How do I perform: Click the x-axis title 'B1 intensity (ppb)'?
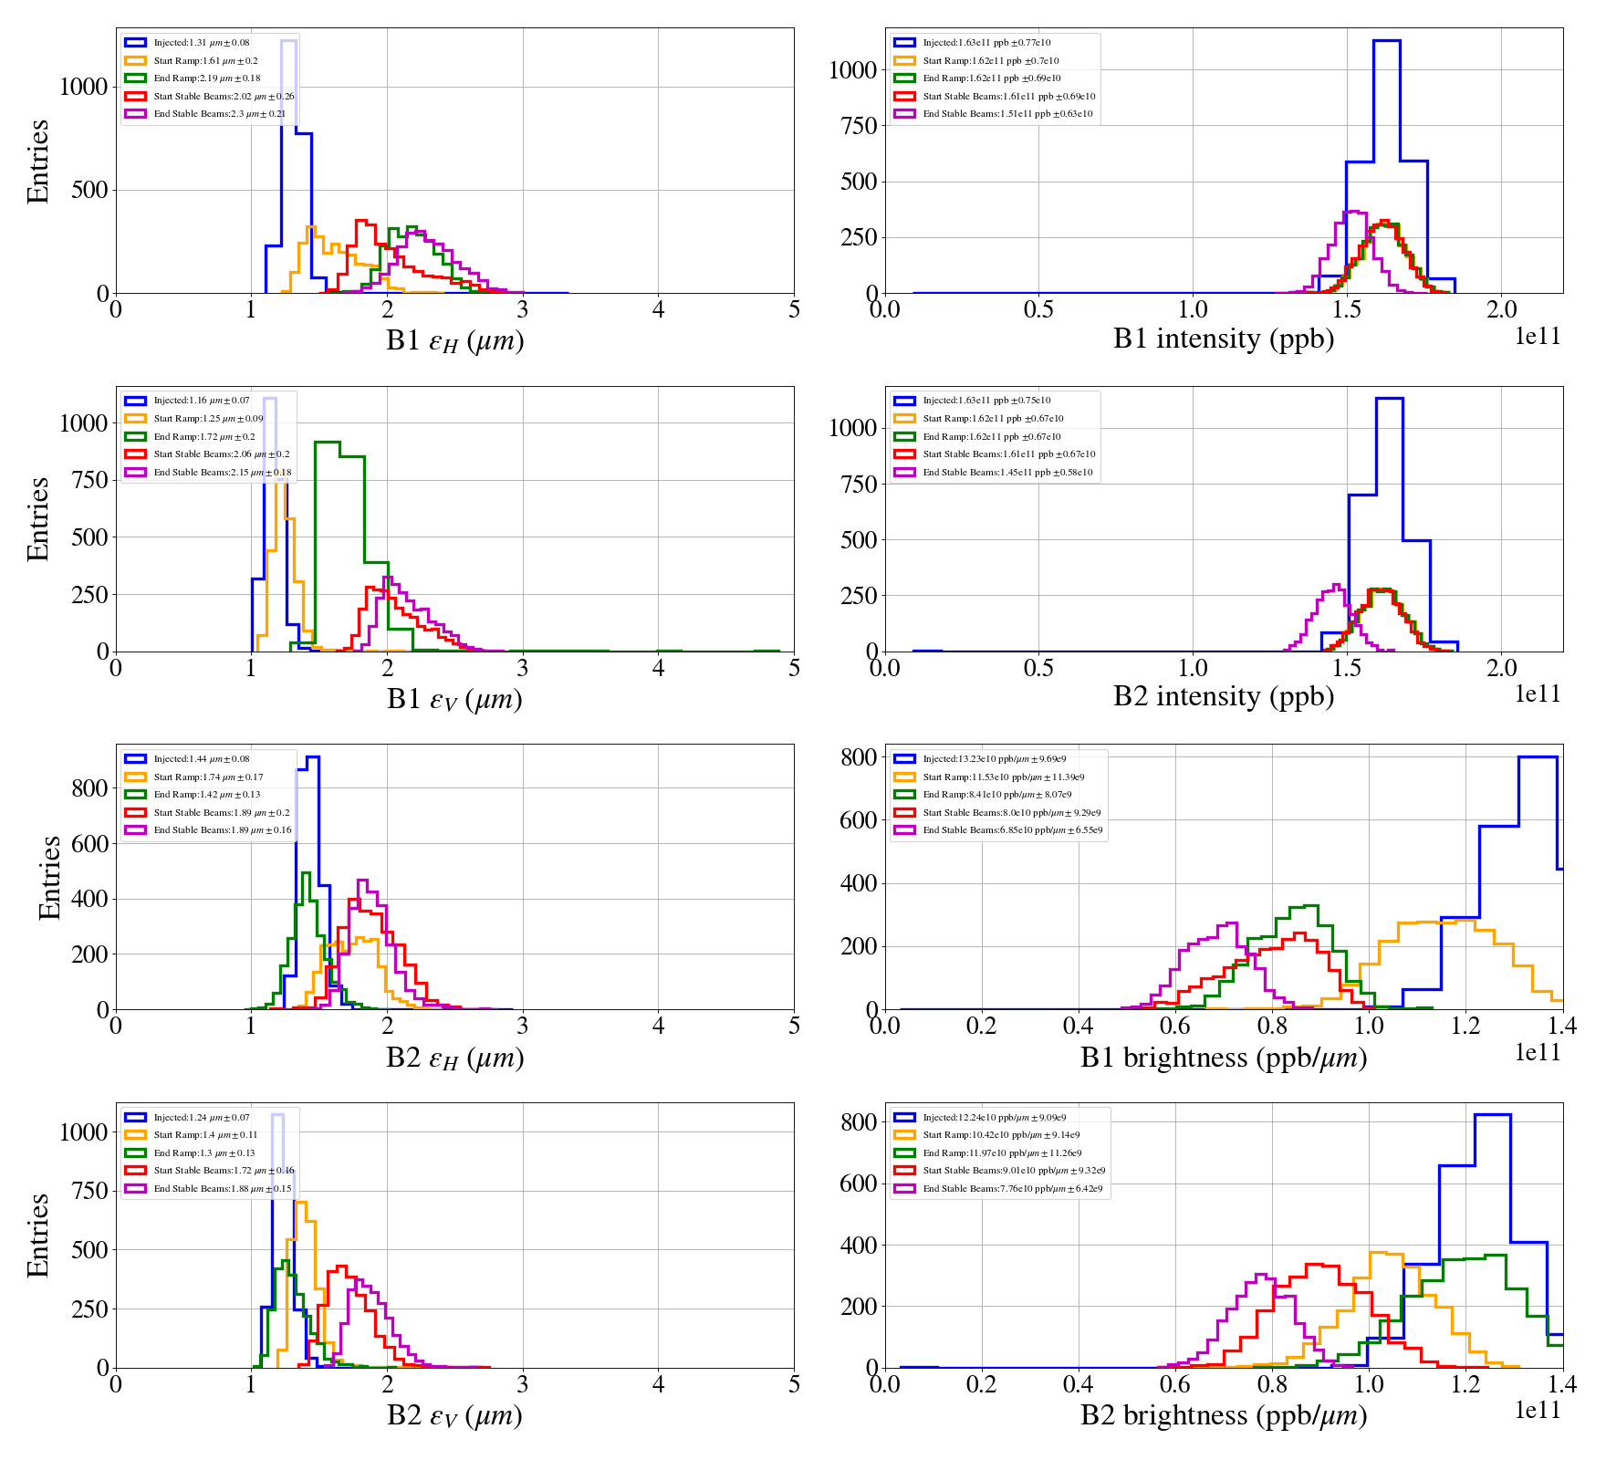click(1223, 339)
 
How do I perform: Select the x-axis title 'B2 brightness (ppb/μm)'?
click(1223, 1415)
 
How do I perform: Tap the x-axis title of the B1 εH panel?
click(454, 341)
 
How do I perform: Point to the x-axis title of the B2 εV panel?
click(454, 1416)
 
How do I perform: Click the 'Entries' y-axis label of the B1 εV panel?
click(38, 518)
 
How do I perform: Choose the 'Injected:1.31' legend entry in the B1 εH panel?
click(201, 43)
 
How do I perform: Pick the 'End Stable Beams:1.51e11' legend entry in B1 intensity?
click(1007, 114)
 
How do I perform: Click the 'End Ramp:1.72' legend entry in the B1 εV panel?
click(204, 436)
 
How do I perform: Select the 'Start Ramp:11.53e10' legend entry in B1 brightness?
click(1003, 777)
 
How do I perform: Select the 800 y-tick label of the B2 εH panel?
click(89, 788)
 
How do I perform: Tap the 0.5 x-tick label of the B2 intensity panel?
click(1038, 668)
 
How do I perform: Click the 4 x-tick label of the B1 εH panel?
click(658, 310)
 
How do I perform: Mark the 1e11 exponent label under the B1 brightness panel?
click(1538, 1053)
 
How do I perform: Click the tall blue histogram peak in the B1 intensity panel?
click(1386, 42)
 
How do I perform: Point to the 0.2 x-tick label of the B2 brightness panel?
click(981, 1384)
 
